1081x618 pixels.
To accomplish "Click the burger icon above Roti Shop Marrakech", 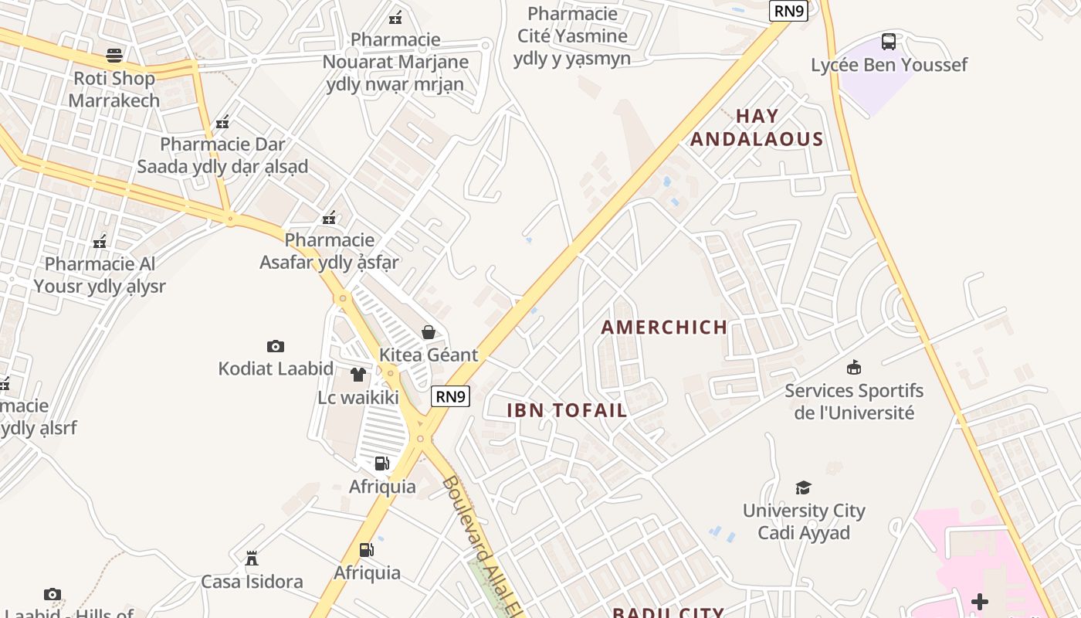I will pos(114,56).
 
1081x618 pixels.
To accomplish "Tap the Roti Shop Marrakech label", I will pos(114,89).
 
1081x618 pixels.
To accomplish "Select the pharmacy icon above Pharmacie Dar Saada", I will pos(222,122).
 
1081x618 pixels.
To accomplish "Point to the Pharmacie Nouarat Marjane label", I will pos(395,62).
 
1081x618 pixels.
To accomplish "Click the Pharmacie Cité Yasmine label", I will pos(572,36).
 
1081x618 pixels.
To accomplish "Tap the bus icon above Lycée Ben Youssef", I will pos(889,41).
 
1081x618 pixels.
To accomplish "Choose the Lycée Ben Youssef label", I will pos(889,65).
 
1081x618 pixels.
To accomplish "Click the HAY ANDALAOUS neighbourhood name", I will pos(757,127).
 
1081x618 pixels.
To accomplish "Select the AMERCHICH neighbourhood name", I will pos(664,327).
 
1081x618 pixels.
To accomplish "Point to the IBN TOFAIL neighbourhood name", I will pos(567,410).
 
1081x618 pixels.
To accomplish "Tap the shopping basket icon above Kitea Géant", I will pos(429,332).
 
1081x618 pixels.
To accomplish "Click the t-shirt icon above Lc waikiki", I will pos(358,375).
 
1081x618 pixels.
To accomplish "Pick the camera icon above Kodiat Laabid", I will pos(276,346).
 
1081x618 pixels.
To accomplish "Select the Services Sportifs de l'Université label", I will pos(854,401).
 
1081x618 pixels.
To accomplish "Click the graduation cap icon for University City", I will pos(804,487).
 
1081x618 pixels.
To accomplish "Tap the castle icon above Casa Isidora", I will pos(251,558).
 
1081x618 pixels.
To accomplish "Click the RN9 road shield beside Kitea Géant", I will pos(450,396).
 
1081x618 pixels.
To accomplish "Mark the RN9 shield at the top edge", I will pos(789,11).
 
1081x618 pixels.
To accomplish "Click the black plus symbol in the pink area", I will pos(980,601).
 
